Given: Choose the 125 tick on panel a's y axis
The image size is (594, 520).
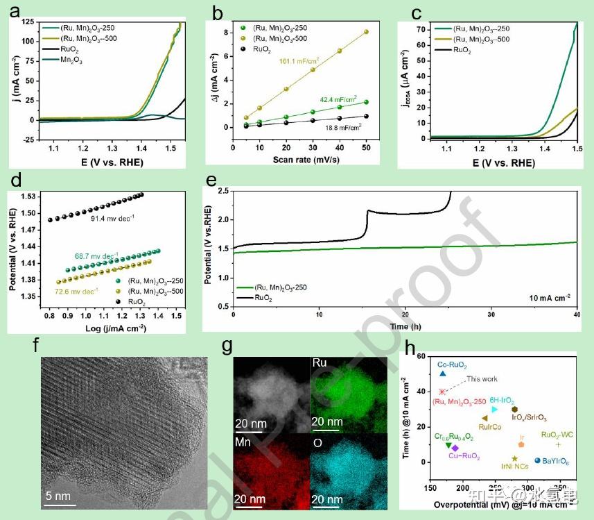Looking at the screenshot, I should [27, 22].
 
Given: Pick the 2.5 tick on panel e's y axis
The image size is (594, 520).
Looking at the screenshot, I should [222, 190].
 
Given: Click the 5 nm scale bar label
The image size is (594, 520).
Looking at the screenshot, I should [60, 496].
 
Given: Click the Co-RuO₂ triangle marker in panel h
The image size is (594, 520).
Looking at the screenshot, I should [442, 374].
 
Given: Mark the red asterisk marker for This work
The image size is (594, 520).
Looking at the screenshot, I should [442, 392].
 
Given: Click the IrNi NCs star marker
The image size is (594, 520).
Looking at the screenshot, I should [514, 459].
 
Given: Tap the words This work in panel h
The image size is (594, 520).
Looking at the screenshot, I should [482, 379].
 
